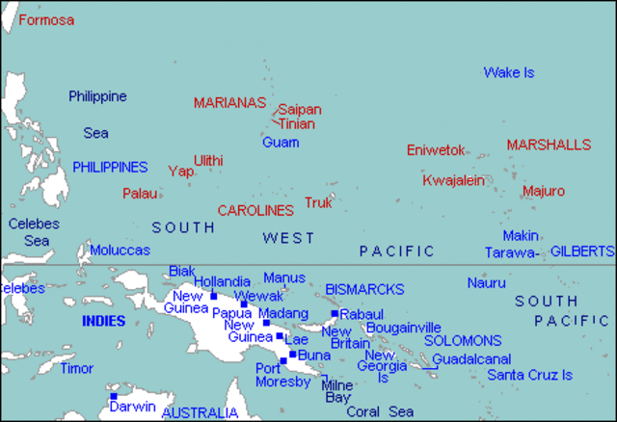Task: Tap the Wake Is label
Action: [508, 72]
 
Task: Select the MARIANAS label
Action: [229, 102]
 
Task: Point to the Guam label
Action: [280, 142]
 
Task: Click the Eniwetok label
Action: [436, 150]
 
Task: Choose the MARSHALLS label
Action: [549, 145]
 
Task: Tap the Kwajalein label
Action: [453, 180]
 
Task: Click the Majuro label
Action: [543, 191]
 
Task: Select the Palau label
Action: [140, 193]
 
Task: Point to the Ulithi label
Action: [208, 160]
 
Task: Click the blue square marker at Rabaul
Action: [334, 313]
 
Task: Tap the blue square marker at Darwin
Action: [113, 396]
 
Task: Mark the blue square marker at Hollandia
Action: [214, 296]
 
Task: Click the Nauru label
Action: [486, 282]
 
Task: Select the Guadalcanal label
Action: [470, 358]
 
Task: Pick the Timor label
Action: [77, 368]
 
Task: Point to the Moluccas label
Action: [120, 250]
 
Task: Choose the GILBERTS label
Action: [582, 251]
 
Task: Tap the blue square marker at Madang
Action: [266, 322]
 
